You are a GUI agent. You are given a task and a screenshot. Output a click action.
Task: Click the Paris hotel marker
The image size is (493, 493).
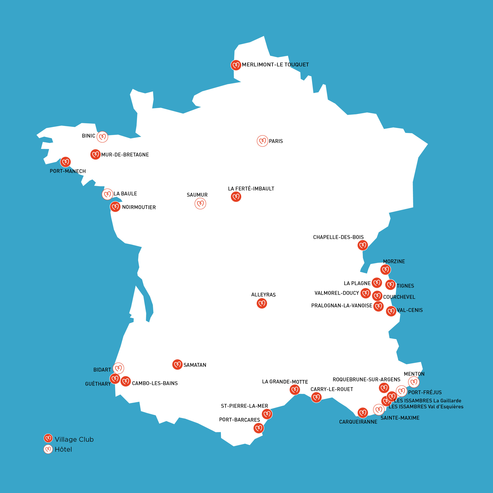pos(262,141)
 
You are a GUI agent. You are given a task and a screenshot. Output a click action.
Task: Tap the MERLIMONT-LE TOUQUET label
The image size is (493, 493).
pos(275,65)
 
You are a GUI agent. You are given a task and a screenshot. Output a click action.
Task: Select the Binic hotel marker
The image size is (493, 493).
pos(102,137)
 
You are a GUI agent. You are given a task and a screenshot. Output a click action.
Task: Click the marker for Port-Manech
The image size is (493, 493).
pos(66,162)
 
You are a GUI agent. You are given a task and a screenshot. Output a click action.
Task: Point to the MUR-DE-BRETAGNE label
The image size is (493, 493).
pos(125,155)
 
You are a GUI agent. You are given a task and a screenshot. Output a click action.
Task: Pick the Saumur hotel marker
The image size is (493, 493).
pos(200,204)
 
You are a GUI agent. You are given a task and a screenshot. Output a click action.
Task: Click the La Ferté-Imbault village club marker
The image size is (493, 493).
pos(236,197)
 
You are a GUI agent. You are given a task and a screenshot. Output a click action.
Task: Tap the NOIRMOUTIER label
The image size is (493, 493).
pos(139,207)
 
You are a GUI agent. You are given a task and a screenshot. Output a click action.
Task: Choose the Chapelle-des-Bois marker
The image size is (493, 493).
pos(363,246)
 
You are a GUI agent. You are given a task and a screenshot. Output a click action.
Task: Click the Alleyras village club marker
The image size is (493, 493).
pos(262,303)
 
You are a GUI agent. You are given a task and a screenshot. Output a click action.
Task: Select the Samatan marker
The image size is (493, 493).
pos(177,365)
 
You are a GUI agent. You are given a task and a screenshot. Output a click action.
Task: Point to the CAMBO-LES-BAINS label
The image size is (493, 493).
pos(155,383)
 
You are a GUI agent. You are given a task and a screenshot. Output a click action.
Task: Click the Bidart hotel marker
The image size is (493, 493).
pos(118,368)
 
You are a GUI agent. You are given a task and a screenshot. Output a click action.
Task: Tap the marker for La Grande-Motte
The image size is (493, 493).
pos(295,390)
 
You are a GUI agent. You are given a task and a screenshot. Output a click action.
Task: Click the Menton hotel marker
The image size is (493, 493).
pos(414,382)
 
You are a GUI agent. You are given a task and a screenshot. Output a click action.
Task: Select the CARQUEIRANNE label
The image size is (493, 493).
pos(358,422)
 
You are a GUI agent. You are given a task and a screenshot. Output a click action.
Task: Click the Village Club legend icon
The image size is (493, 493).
pos(48,438)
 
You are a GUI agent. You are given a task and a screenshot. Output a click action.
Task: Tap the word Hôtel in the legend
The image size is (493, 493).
pos(63,449)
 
